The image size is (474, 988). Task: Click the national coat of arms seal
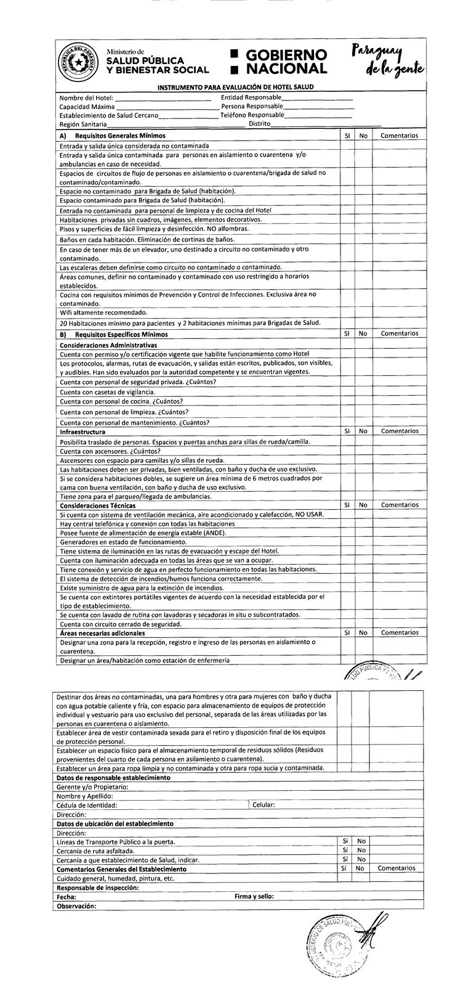tap(76, 63)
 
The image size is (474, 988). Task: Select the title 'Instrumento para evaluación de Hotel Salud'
tap(235, 87)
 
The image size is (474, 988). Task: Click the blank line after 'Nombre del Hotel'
tap(163, 98)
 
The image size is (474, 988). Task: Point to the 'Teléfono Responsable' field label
tap(252, 115)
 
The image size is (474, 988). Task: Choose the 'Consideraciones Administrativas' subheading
tap(108, 345)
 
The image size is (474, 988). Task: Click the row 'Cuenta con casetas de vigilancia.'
tap(108, 392)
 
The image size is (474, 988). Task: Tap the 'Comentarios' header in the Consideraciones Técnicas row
tap(399, 505)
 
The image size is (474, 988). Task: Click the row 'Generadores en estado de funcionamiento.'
tap(123, 542)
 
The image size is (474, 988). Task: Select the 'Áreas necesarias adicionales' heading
tap(102, 633)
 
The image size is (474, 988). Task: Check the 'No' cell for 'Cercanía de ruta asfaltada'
tap(361, 851)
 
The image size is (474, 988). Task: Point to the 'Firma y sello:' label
tap(254, 897)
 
